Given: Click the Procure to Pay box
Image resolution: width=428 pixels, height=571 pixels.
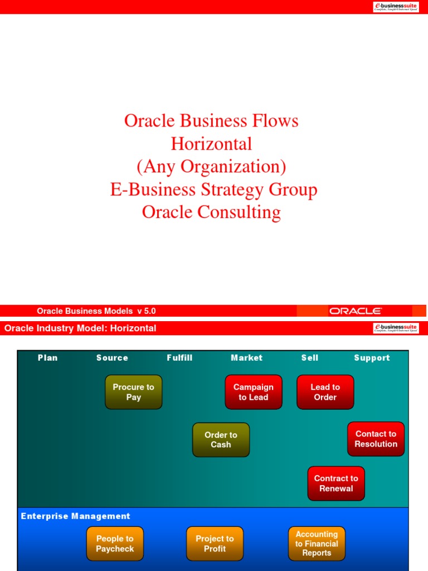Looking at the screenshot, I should (134, 392).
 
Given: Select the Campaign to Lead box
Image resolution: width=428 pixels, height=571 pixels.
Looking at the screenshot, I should (254, 392).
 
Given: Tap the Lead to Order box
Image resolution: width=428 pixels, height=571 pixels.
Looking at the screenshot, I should (325, 392).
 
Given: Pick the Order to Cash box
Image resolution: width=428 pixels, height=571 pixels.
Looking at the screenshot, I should (221, 440).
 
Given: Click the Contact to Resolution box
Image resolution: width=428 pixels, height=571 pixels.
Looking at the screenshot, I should (376, 439).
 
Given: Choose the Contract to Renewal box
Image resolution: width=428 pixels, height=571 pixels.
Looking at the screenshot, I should (336, 483).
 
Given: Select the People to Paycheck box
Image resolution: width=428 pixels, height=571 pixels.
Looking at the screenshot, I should (115, 544).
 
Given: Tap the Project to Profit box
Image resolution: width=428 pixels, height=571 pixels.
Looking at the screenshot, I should (215, 544).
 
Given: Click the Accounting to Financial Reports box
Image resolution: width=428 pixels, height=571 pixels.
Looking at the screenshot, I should (317, 544).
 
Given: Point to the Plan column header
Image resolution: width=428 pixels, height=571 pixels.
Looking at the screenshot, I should (48, 358).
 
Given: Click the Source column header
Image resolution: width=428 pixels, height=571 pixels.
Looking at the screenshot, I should (112, 358).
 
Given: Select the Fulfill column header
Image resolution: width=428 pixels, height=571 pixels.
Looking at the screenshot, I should (179, 358).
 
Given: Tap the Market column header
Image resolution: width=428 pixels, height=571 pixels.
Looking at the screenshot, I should (246, 358).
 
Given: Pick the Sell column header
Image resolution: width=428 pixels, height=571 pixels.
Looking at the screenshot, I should (310, 358).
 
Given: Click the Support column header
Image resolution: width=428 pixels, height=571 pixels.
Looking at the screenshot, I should (372, 358).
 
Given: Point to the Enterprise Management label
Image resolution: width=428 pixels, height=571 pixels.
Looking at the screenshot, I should (75, 516).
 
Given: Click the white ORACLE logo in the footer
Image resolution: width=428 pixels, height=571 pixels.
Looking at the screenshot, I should (355, 311).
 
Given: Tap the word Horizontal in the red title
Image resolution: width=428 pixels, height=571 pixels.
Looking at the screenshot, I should (212, 144).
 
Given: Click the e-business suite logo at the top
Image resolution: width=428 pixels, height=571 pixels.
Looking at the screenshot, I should (396, 7).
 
